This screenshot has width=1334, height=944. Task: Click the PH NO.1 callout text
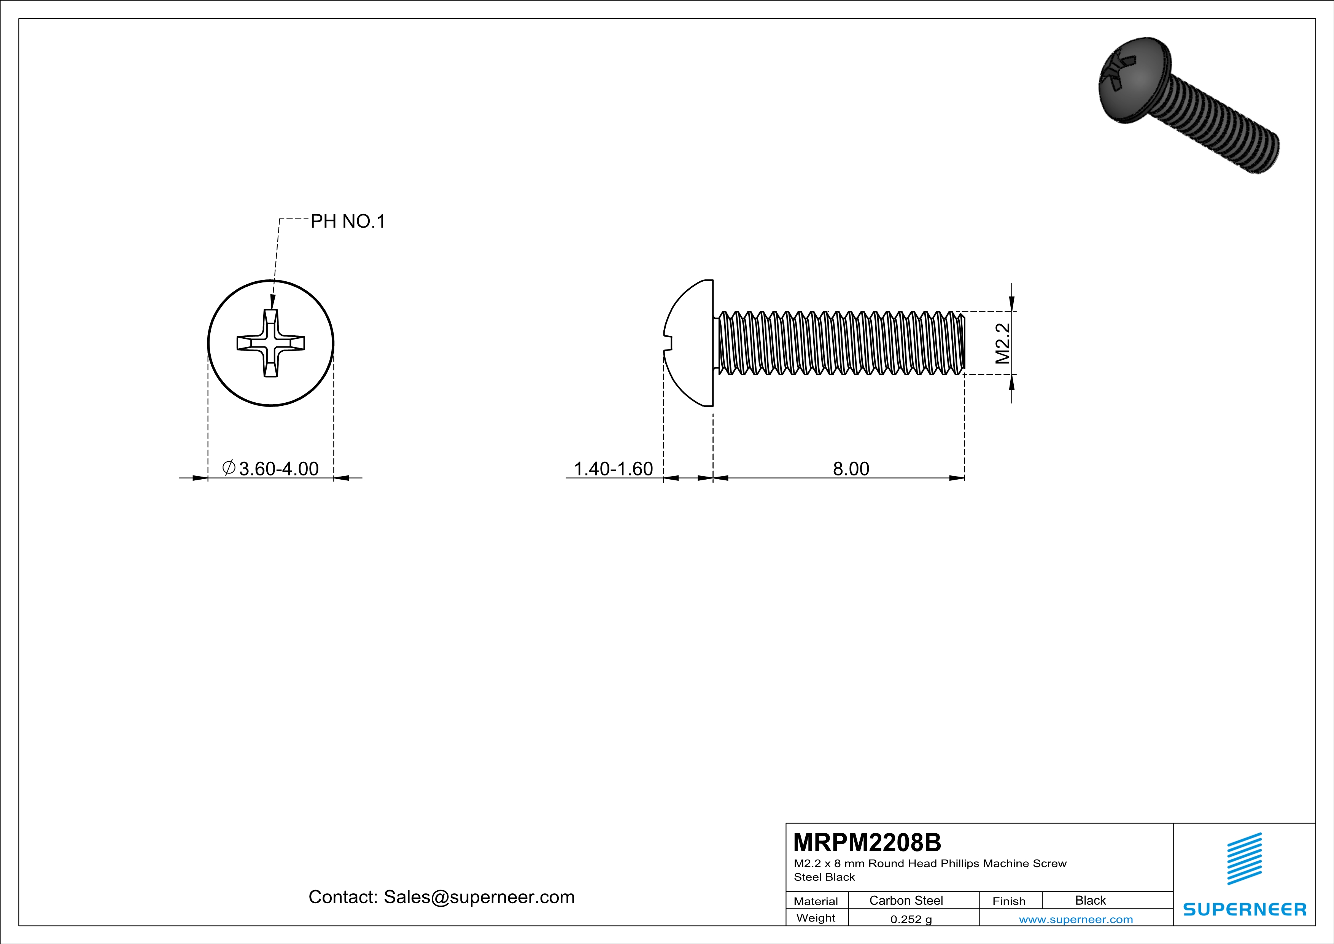click(347, 222)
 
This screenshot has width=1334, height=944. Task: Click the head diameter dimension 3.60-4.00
click(278, 469)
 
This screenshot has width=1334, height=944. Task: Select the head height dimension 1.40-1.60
click(613, 469)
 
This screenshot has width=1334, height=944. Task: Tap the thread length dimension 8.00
click(851, 469)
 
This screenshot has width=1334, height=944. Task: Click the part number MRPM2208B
click(867, 842)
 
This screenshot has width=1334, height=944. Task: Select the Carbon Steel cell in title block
click(906, 900)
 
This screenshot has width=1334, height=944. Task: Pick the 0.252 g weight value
click(910, 919)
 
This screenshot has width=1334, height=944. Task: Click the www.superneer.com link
click(1075, 919)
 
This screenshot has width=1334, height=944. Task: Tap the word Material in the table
click(816, 901)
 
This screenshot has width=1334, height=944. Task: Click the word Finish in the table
click(1009, 901)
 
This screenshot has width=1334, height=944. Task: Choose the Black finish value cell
click(1090, 900)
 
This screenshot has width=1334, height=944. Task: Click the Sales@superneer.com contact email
click(479, 897)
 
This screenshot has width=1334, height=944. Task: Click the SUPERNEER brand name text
click(1245, 909)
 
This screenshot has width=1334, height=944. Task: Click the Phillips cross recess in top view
click(271, 343)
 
